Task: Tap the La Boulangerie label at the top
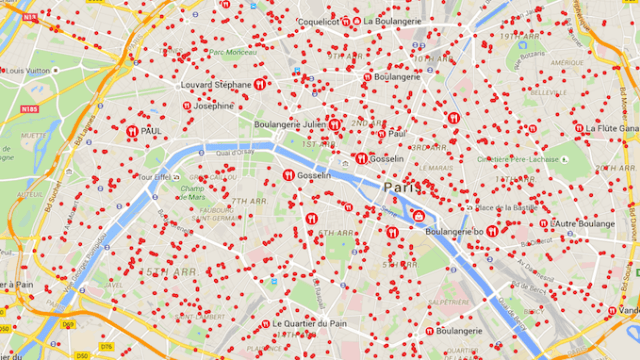tap(396, 20)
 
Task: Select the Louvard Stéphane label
tap(216, 85)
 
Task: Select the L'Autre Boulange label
tap(583, 224)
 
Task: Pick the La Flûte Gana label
tap(612, 128)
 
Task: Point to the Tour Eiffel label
tap(156, 177)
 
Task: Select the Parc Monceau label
tap(231, 51)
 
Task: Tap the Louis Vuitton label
tap(27, 71)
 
